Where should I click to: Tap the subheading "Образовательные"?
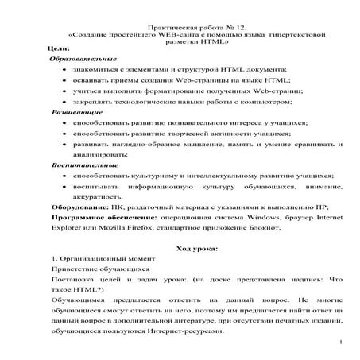pos(83,60)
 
